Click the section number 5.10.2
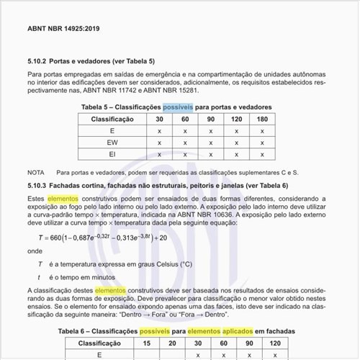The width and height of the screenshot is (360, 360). [x=39, y=61]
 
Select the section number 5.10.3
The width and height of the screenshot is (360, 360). [x=39, y=185]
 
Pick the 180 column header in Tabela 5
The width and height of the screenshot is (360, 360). [x=262, y=119]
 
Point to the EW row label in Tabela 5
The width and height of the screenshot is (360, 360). [x=112, y=143]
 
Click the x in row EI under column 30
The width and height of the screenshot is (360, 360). [x=159, y=154]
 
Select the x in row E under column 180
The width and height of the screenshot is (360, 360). [x=262, y=131]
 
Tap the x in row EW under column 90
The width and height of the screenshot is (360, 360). [x=211, y=143]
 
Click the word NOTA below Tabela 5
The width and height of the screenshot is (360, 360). [x=36, y=173]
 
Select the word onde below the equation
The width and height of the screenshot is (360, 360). [x=35, y=251]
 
